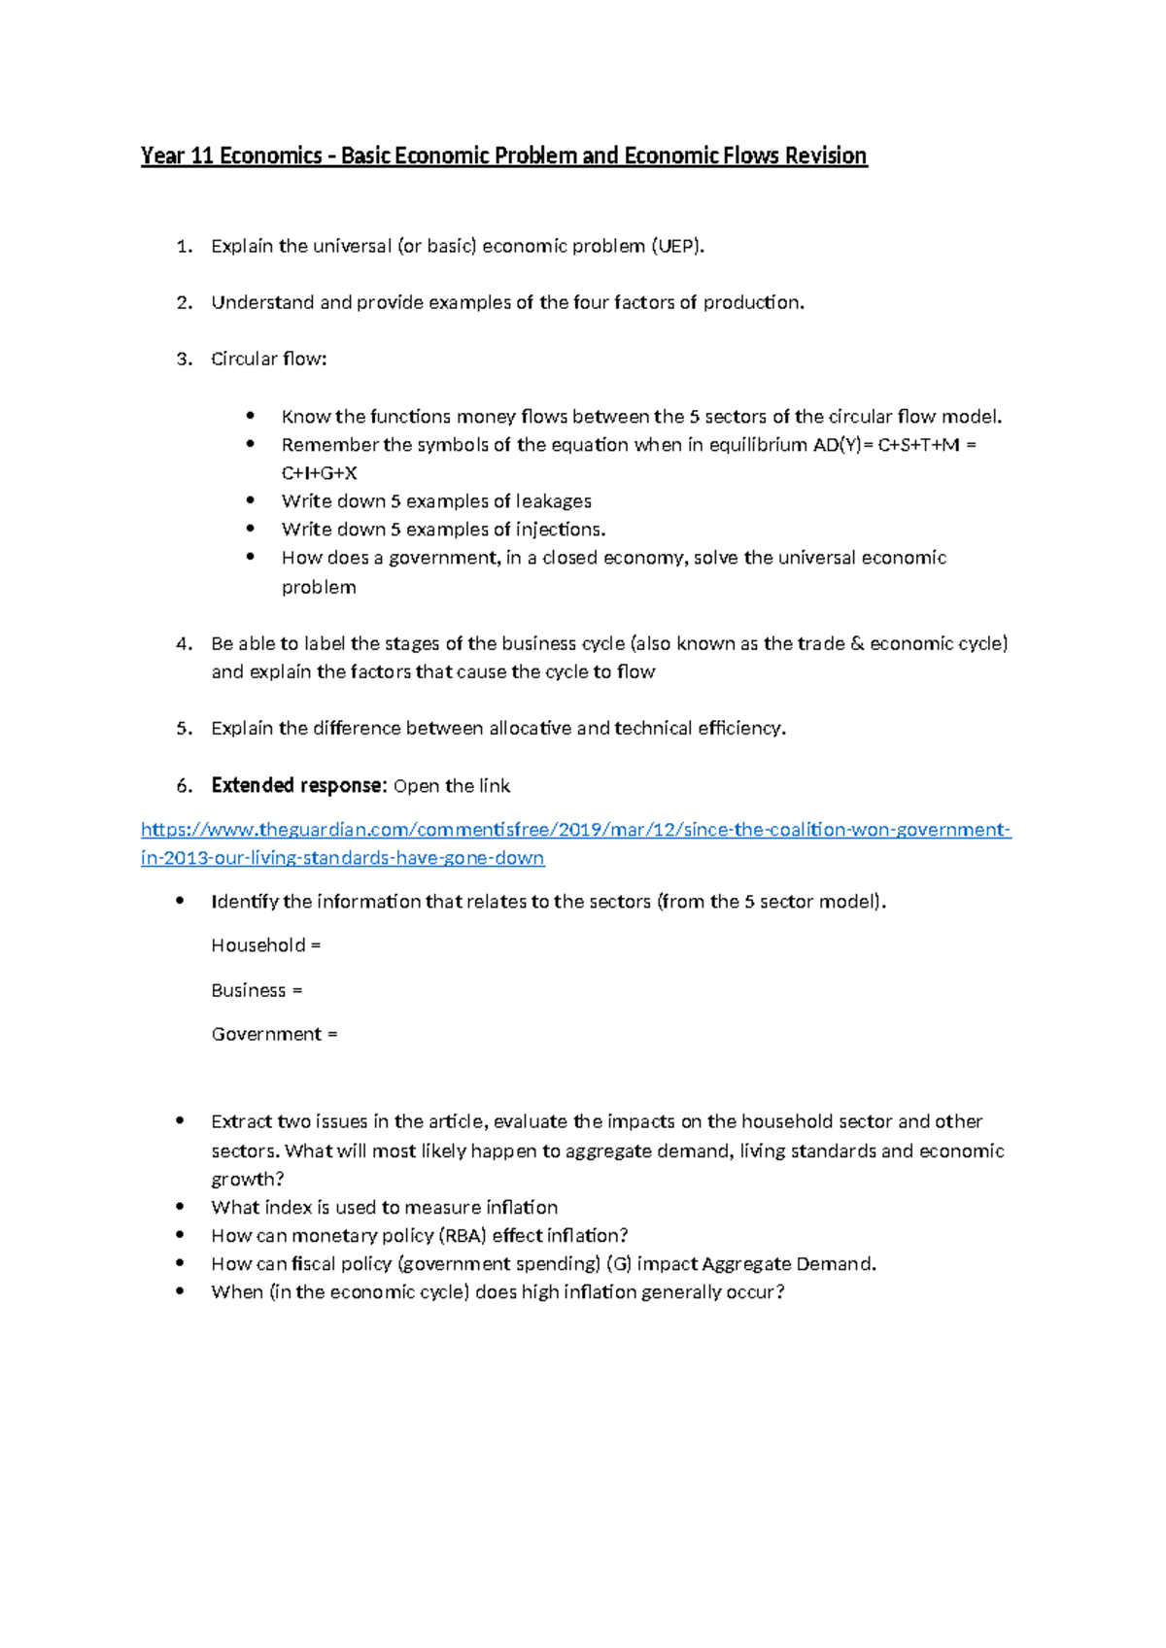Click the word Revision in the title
(825, 156)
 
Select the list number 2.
(184, 303)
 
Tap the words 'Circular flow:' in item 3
(269, 360)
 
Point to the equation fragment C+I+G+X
(320, 473)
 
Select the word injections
(560, 530)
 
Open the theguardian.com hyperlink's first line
(575, 830)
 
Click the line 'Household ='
(265, 945)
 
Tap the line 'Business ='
(257, 990)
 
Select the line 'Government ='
(274, 1034)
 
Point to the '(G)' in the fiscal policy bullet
(618, 1264)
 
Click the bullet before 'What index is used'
(180, 1207)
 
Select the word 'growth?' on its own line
(248, 1180)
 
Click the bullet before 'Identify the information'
(180, 901)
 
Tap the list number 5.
(184, 729)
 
